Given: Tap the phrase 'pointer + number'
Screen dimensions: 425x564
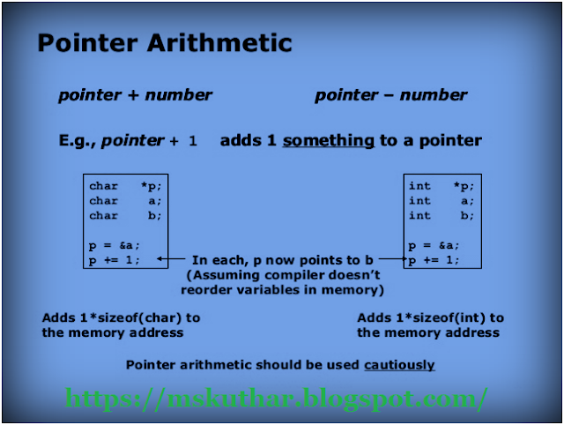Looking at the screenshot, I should click(x=135, y=95).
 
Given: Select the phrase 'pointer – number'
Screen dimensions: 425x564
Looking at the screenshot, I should click(x=391, y=95).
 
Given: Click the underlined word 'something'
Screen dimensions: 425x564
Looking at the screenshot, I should click(x=329, y=140).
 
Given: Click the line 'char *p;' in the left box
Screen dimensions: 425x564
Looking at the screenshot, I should click(x=126, y=186).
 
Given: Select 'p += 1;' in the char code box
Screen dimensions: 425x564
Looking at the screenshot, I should click(x=115, y=259).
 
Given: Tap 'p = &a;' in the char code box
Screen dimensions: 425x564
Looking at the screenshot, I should click(x=115, y=245).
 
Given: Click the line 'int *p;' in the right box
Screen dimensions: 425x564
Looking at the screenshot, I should click(x=441, y=186).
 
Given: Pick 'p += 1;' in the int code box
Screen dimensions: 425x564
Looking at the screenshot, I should click(x=434, y=259).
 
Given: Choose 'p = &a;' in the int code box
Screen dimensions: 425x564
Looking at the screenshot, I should click(x=434, y=245).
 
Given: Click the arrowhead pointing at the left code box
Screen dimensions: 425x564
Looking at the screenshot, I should click(x=160, y=259).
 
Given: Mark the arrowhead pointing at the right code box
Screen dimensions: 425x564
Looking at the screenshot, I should click(x=404, y=259).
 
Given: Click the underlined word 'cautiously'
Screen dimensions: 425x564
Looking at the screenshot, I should click(x=399, y=364).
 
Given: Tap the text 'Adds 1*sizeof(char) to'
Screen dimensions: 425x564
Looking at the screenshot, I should click(x=121, y=317).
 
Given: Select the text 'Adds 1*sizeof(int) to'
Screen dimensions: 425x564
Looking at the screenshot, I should click(x=430, y=317).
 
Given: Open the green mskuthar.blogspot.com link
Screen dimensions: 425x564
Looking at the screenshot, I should click(x=276, y=399).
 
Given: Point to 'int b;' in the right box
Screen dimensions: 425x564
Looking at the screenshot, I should click(x=441, y=215).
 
